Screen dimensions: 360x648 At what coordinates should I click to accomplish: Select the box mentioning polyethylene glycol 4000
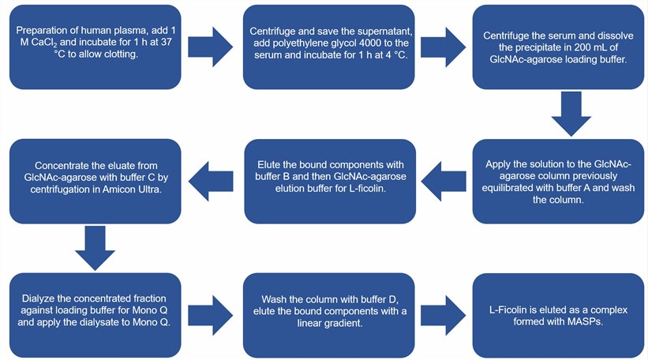coord(328,46)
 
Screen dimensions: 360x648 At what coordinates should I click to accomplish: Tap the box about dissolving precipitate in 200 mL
coord(559,46)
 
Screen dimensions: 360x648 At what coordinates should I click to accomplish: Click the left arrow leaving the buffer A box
coord(444,179)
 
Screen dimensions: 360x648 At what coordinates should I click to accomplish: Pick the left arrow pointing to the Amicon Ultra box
coord(211,179)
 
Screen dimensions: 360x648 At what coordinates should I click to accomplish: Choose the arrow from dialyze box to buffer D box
coord(211,310)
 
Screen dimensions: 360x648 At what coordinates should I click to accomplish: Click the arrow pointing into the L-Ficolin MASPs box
coord(444,310)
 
